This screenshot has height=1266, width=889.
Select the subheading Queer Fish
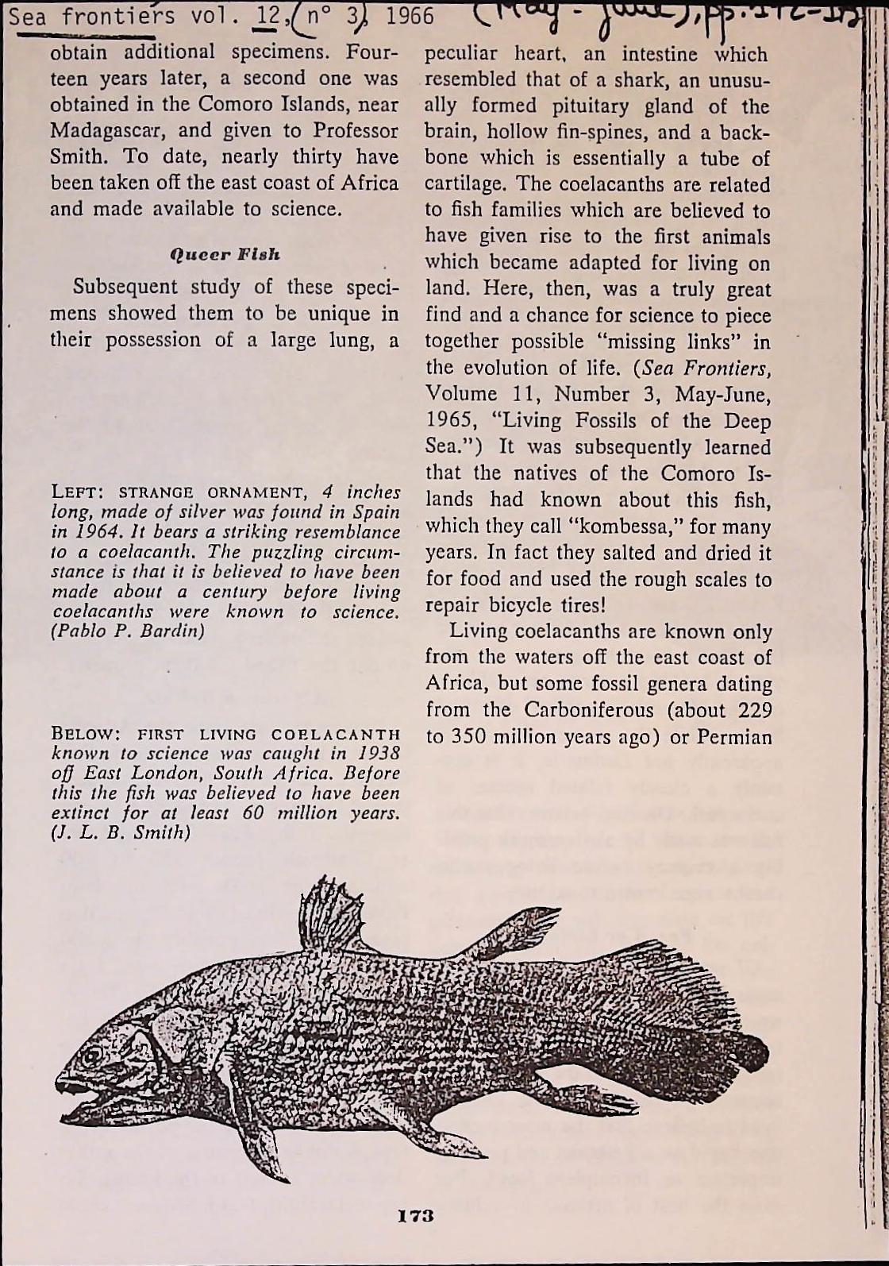(x=225, y=255)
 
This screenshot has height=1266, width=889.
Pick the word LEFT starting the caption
(x=73, y=492)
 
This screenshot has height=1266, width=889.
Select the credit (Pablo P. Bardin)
(x=127, y=631)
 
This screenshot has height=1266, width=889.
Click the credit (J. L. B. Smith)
(x=121, y=832)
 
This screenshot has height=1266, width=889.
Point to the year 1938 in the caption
(x=375, y=753)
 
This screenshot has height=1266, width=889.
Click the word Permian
(x=733, y=737)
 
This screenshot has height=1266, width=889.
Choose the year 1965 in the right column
(x=448, y=421)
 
